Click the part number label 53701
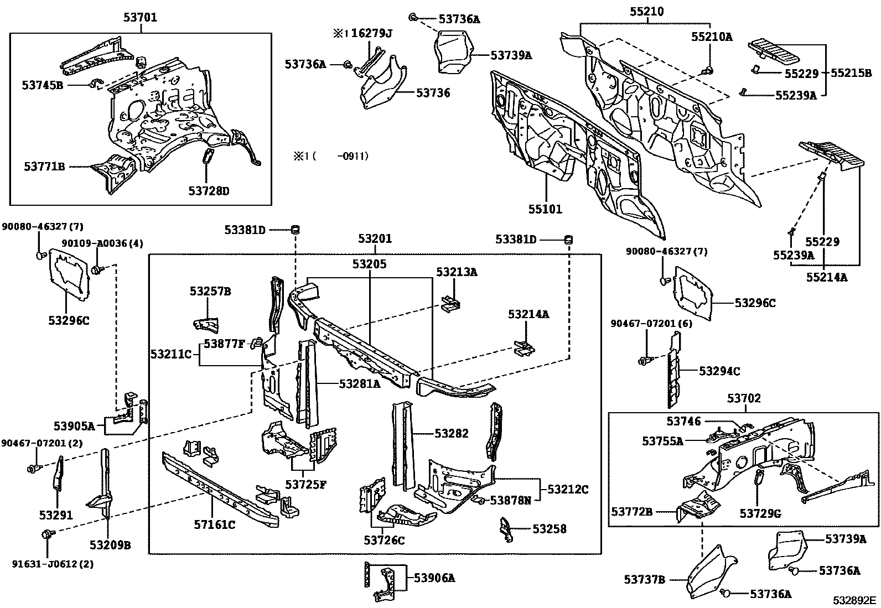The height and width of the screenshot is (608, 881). coord(140,18)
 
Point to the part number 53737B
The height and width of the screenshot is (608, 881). coord(644,580)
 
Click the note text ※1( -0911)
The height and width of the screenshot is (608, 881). coord(331,156)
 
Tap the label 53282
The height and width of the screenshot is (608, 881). coord(452,434)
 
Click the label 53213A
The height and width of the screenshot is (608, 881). coord(456,272)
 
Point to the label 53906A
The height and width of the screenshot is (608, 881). coord(434,578)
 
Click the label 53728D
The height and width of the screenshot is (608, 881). coord(209,191)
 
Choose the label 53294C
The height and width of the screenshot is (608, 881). coord(719,371)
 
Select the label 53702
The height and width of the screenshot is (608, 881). coord(744,398)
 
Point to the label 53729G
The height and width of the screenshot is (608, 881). coord(760,514)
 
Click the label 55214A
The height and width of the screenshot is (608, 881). coord(826,278)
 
